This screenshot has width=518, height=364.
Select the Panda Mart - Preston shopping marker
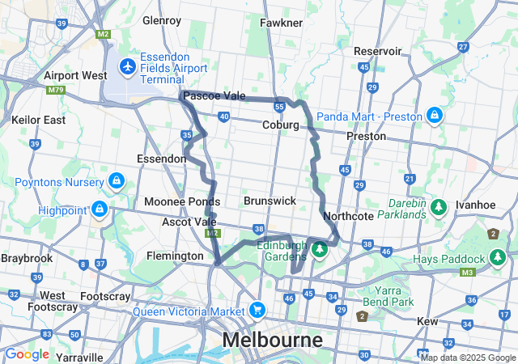point(435,116)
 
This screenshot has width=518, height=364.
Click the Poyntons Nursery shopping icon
point(116,180)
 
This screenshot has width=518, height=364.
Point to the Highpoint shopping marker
point(100,210)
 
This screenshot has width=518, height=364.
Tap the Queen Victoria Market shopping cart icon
point(257,311)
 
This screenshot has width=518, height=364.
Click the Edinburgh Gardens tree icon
point(320,249)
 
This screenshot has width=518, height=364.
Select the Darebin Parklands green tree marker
point(439,208)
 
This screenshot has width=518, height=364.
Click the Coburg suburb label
point(280,125)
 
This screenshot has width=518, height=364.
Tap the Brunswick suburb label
point(270,200)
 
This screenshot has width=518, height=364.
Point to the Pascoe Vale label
point(214,96)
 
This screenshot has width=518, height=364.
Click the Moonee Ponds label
point(181,201)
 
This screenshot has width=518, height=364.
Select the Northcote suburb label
point(348,217)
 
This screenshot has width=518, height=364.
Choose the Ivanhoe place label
point(475,205)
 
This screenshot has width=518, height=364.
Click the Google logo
point(27,354)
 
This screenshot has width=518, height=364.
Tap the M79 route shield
point(55,91)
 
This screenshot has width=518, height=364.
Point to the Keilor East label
point(38,120)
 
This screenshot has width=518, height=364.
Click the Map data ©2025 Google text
point(467,358)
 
